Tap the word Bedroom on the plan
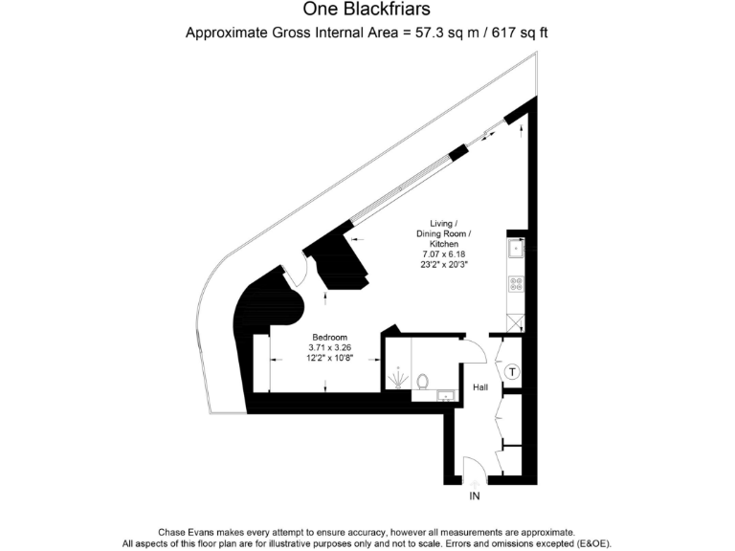(x=328, y=338)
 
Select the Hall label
(x=481, y=387)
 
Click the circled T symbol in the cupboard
(x=512, y=371)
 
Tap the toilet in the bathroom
(x=422, y=380)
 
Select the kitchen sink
(x=516, y=250)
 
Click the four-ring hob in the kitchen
(x=516, y=283)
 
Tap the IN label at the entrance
(x=475, y=496)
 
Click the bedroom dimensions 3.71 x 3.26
(x=328, y=347)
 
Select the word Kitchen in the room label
(x=444, y=245)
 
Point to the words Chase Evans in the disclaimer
(x=183, y=532)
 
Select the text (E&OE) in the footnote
(x=591, y=543)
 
